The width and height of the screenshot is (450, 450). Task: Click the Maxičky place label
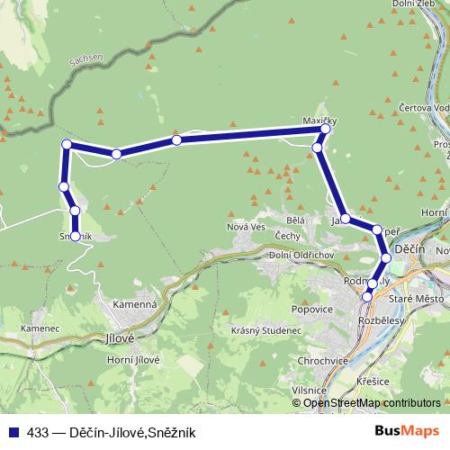[318, 120]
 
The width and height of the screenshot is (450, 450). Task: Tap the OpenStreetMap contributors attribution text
[372, 403]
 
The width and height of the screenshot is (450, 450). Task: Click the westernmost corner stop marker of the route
[66, 145]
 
